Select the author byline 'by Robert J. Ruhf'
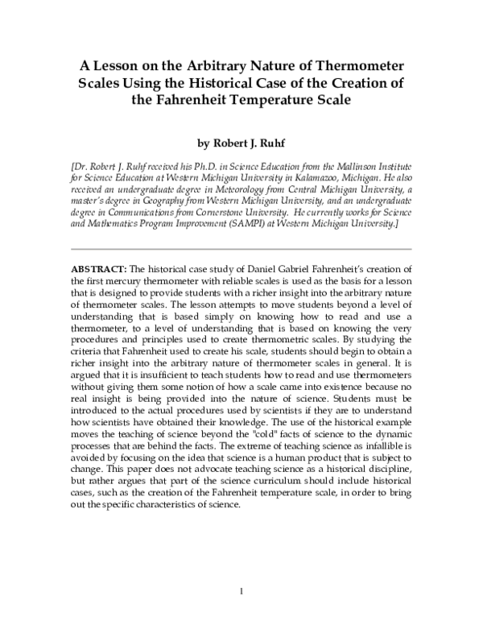241,145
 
